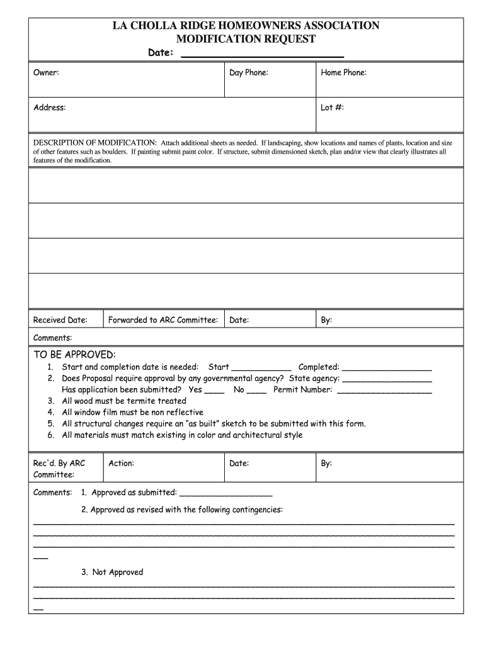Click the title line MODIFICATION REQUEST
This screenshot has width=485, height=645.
[246, 39]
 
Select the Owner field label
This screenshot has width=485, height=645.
[46, 73]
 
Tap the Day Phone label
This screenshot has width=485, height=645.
[249, 73]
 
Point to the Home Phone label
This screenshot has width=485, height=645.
[343, 73]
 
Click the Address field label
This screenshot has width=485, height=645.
[49, 108]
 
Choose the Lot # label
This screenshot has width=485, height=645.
[332, 108]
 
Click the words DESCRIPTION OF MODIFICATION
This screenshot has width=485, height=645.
[95, 143]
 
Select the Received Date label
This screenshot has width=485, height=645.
[60, 320]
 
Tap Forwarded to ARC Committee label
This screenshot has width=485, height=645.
[163, 320]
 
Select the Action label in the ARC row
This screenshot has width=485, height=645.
[121, 464]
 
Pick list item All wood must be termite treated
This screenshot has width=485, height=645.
[124, 401]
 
